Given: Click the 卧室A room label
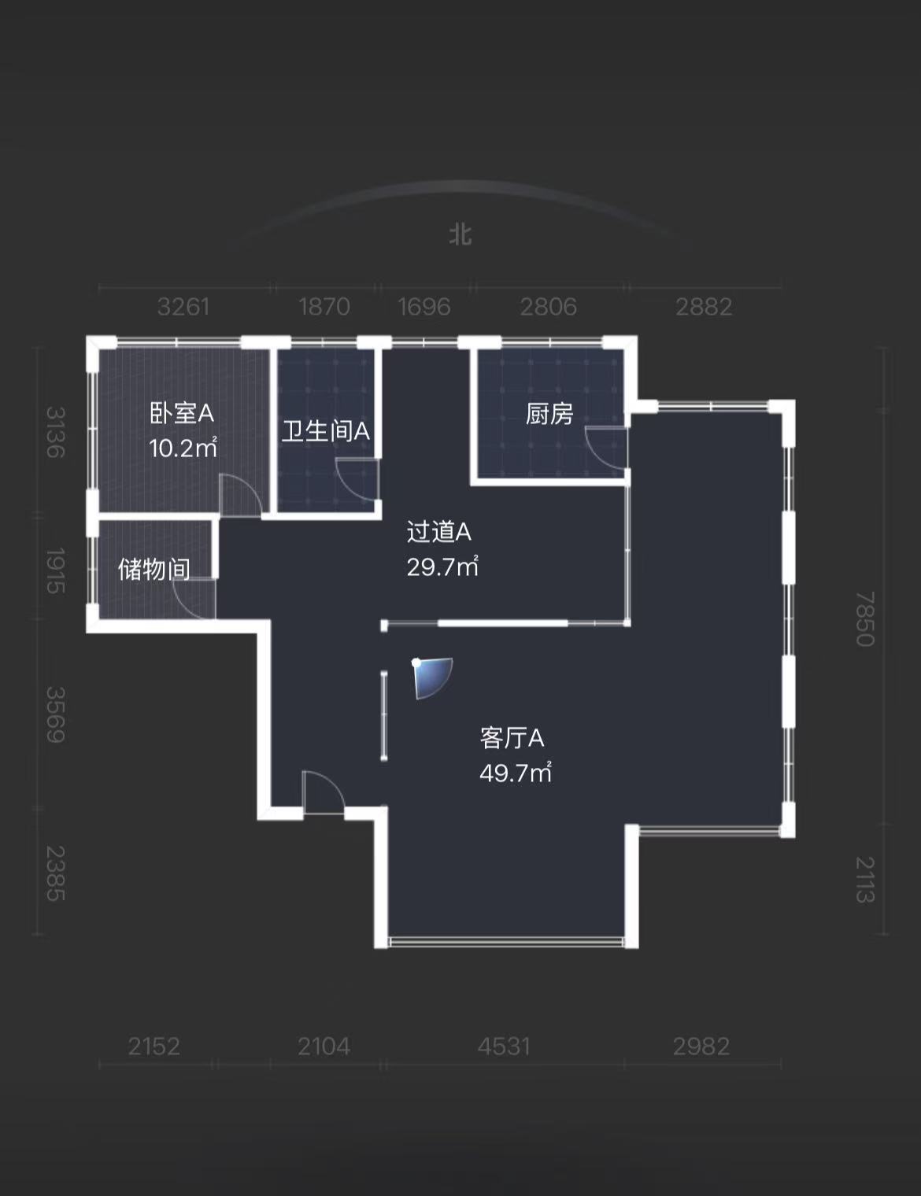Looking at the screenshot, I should coord(182,413).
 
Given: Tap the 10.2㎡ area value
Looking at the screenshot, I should coord(183,448).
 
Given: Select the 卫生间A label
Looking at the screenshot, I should coord(326,431).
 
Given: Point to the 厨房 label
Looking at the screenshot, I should coord(549,414).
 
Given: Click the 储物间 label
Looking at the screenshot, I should coord(154,569).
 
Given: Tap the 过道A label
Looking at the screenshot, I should coord(438,533).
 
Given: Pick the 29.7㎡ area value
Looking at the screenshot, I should coord(442,567).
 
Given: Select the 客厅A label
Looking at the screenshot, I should coord(512,738).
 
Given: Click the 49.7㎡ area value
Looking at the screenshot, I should coord(516,773).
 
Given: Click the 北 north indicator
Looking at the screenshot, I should coord(460,234).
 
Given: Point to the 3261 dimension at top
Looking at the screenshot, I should coord(183,306).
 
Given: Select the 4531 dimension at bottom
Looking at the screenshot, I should coord(504,1046).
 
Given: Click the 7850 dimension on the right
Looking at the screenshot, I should coord(865,619).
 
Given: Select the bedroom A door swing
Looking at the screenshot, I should coord(239,496).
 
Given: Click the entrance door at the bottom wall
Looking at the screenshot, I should coord(323,793).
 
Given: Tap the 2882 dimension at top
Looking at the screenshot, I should coord(704,306).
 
